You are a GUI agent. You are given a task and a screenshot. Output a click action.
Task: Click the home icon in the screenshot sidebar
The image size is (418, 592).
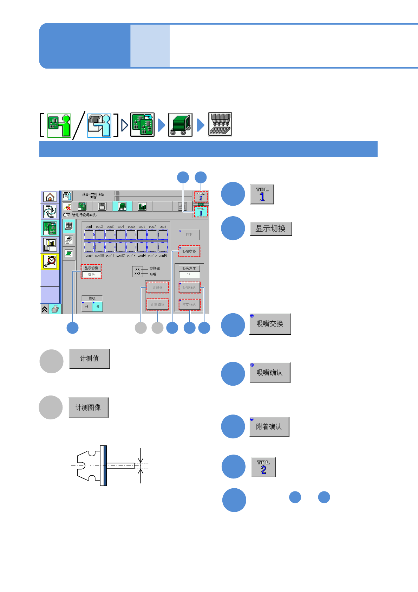coord(50,197)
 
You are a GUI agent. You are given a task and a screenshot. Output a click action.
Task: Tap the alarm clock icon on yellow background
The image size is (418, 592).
coord(50,262)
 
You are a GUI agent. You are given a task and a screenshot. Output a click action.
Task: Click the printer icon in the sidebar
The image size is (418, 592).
coord(55,309)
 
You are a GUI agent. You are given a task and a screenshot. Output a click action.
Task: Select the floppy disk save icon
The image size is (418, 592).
coord(102,206)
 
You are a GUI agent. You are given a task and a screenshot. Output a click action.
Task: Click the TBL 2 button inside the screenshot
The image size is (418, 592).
coord(201,197)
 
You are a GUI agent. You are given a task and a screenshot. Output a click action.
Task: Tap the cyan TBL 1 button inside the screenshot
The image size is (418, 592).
coord(201,212)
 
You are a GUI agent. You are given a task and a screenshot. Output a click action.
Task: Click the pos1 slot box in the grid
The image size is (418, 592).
coord(89,234)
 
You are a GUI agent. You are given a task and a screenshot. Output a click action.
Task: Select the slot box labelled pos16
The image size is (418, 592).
coord(163,247)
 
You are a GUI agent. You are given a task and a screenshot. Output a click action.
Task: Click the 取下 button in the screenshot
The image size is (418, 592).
coord(189,234)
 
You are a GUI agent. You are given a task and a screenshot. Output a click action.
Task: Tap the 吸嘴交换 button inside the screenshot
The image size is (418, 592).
coord(189,251)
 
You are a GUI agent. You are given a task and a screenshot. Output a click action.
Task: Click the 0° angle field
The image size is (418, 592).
coord(189,275)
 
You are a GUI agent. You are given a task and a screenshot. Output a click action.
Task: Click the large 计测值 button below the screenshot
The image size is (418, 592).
coord(90,359)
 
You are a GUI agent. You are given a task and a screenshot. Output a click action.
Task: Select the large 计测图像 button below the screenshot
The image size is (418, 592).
coord(89,407)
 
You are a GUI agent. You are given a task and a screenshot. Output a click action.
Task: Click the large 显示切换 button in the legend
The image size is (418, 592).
coord(271,229)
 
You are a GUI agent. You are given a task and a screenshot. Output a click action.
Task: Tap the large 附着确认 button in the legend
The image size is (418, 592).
coord(269,427)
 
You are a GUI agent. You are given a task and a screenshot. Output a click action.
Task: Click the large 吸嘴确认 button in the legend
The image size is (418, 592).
coord(270,373)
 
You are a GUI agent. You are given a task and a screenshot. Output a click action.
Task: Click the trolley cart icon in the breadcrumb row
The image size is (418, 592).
coord(180,125)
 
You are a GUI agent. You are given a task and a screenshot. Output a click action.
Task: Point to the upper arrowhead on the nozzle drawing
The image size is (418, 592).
coord(141,459)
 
